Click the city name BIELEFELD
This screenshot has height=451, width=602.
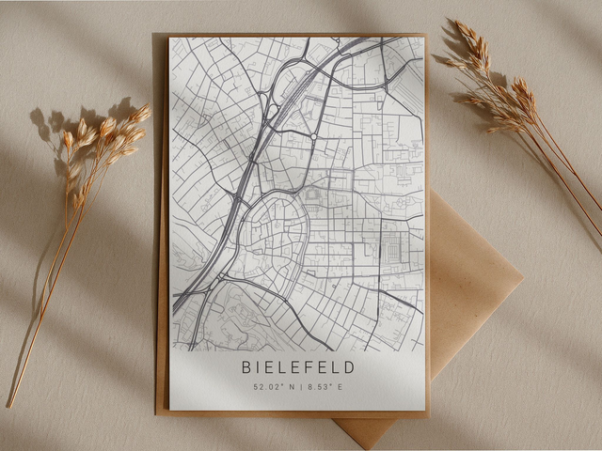(x=298, y=366)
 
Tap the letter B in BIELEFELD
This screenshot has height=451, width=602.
(x=246, y=366)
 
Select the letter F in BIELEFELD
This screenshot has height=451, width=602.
(x=311, y=366)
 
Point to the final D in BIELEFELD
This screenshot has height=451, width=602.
(x=350, y=366)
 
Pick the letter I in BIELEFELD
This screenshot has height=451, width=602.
(x=261, y=366)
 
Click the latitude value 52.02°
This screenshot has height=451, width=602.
(x=266, y=386)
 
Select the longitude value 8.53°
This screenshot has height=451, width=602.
(x=316, y=386)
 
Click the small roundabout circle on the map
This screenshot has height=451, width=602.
(x=313, y=136)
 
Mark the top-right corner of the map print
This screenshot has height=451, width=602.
(x=424, y=37)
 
